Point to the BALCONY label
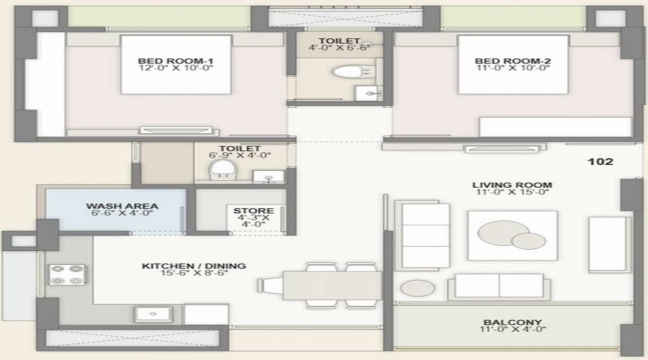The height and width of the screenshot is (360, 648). click(x=513, y=323)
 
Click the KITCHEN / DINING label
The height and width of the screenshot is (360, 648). click(x=194, y=266)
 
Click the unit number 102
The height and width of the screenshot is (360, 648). click(x=600, y=162)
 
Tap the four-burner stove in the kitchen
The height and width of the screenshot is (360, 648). click(x=67, y=274)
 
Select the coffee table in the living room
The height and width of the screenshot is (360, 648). click(x=512, y=235)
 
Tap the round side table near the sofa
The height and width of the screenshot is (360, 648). click(x=418, y=288)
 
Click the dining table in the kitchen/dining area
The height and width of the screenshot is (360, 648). click(x=331, y=285)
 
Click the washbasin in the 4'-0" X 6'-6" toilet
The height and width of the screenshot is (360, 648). click(x=371, y=92)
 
